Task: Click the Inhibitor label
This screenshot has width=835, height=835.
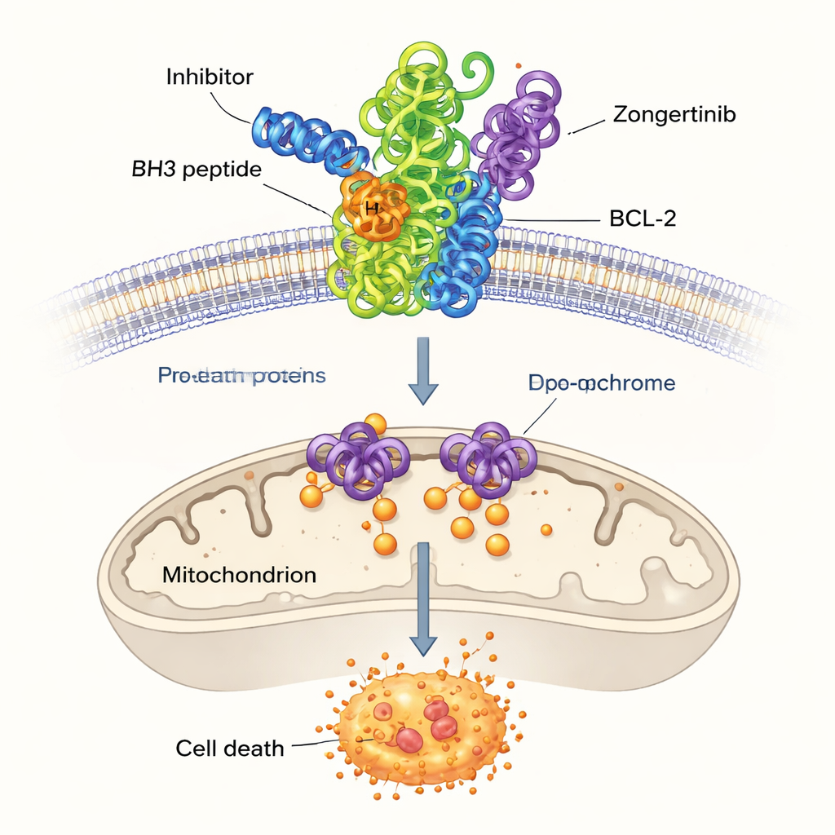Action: pos(210,77)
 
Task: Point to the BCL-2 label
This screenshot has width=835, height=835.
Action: pos(643,219)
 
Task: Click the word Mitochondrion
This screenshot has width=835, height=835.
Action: pos(239,574)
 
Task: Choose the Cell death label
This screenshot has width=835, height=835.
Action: pos(230,747)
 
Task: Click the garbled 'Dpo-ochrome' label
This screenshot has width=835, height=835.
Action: pos(600,383)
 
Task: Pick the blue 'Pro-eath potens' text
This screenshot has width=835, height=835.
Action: pos(241,376)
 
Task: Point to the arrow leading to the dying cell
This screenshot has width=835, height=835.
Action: pos(422,599)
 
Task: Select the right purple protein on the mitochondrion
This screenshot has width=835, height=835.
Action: pos(487,457)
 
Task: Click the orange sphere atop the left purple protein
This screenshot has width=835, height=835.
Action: pos(375,424)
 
